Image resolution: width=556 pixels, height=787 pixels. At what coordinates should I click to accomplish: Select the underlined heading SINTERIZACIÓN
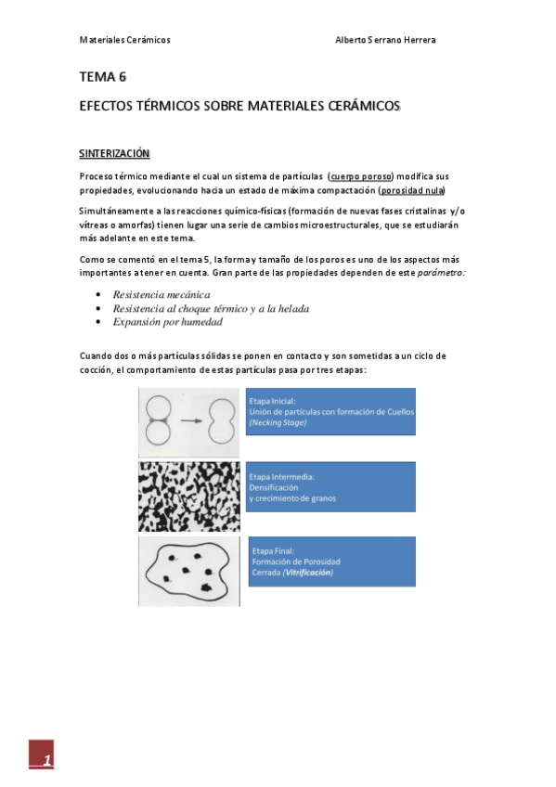point(114,152)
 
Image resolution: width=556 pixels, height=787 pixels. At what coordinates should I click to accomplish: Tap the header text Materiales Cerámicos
point(124,40)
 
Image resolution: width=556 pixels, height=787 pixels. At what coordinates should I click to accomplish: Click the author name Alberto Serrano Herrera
point(384,40)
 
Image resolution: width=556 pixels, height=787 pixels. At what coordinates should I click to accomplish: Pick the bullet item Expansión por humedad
point(167,321)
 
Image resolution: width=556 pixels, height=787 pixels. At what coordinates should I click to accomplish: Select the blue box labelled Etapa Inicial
point(330,411)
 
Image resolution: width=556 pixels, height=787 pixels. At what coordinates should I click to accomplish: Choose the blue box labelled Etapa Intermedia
point(330,487)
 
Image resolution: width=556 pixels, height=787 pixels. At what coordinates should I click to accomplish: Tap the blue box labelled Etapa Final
point(330,561)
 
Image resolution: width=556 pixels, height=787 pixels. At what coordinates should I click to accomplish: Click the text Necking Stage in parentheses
point(278,422)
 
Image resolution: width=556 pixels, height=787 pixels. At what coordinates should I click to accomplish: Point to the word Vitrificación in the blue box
point(310,573)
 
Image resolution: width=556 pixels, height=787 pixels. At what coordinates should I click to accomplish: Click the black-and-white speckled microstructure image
point(189,497)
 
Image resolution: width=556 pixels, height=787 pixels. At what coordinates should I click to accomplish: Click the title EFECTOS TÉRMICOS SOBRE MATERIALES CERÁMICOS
point(239,107)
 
